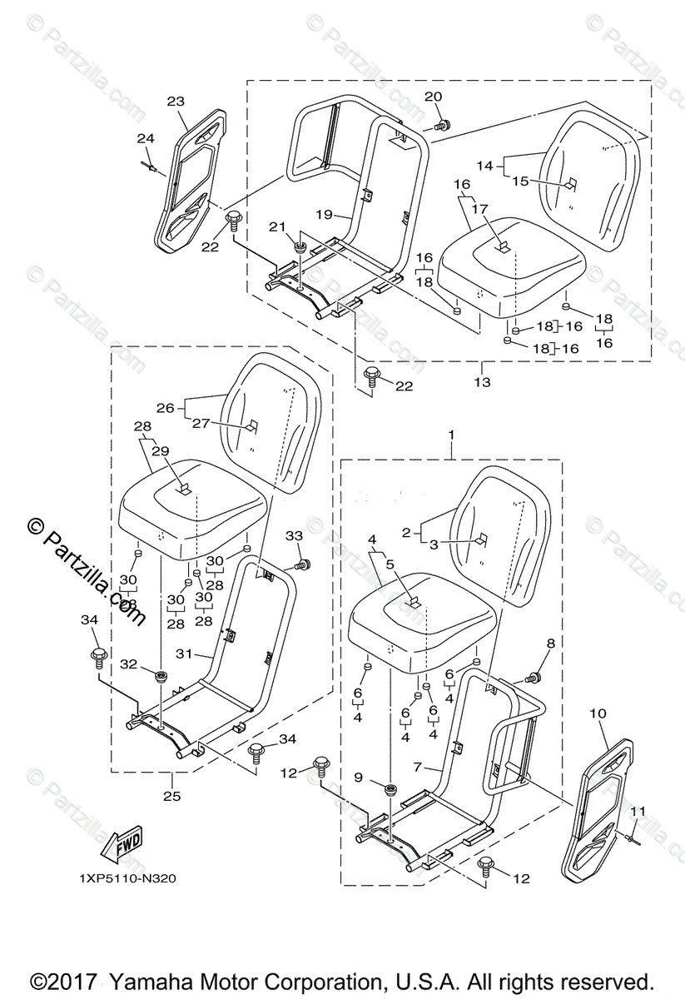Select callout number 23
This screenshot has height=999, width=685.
coord(176,102)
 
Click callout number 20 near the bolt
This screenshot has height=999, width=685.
coord(433,97)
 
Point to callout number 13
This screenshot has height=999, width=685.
coord(483,382)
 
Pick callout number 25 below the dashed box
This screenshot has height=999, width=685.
coord(171,795)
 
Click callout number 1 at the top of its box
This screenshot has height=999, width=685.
coord(451,435)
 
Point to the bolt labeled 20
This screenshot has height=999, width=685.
coord(443,126)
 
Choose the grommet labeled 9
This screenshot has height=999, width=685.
coord(390,788)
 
